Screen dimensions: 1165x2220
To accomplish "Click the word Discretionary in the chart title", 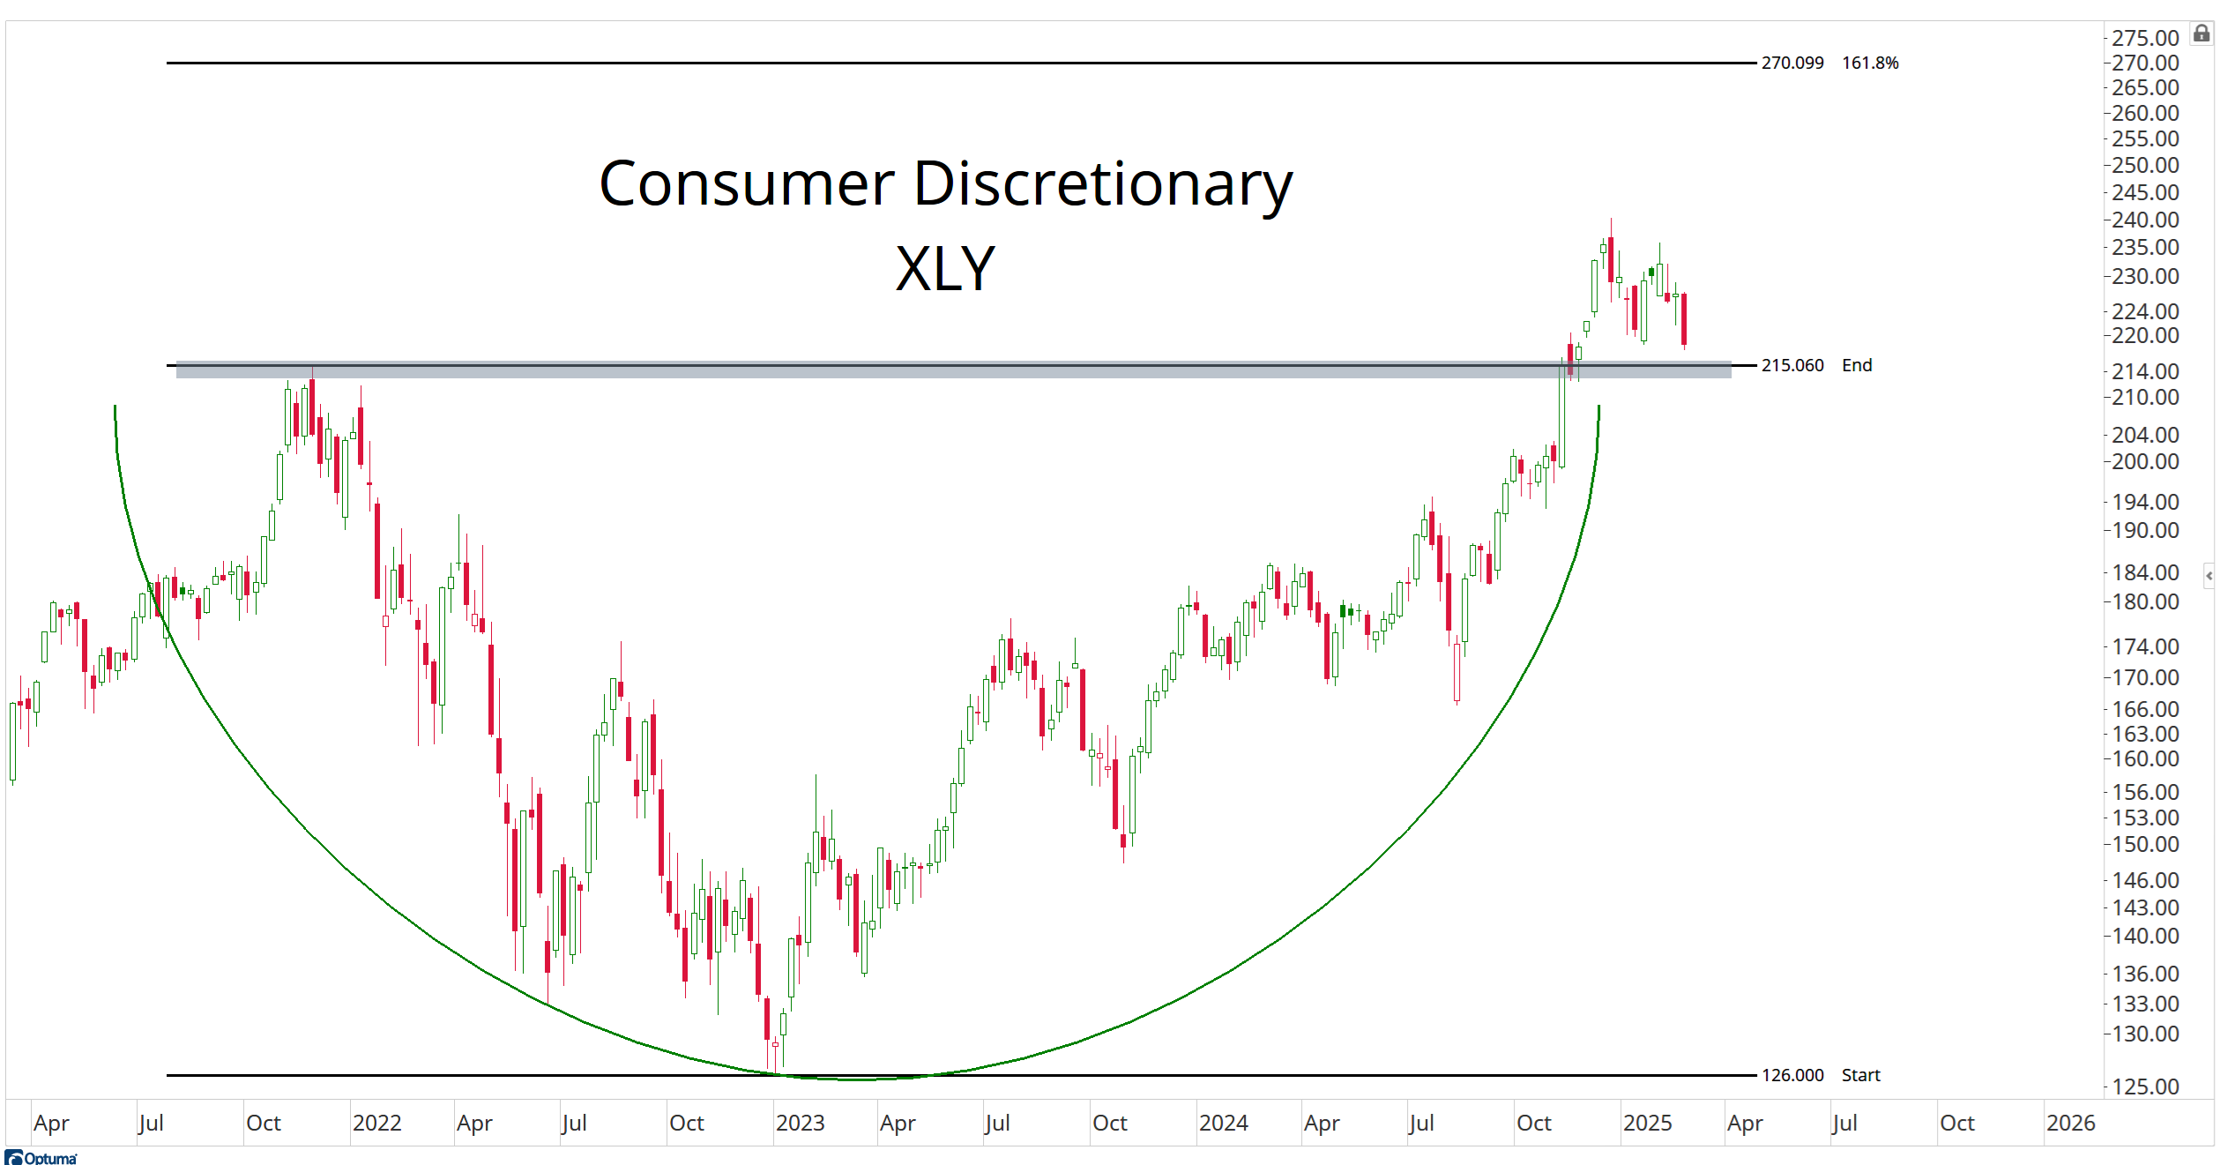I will point(1102,185).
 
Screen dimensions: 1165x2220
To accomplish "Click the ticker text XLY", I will point(945,269).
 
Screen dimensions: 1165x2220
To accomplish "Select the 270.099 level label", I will point(1792,63).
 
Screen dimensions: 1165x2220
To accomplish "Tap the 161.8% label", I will point(1869,63).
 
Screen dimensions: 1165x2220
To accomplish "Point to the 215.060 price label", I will point(1792,365).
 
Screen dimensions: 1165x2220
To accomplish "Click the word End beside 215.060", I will point(1856,365).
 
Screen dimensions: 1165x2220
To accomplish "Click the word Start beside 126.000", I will point(1860,1075).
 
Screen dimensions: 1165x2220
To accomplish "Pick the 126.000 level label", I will point(1792,1075).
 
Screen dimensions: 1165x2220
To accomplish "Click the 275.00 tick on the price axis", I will point(2144,38).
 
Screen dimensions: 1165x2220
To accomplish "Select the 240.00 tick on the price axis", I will point(2144,220).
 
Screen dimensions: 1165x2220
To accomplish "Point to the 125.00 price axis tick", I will point(2144,1087).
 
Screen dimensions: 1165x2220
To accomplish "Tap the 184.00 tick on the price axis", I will point(2144,572).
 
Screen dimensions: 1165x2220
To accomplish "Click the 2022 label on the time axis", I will point(376,1123).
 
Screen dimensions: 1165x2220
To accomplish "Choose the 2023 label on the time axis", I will point(800,1123).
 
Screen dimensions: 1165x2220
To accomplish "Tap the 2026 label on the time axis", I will point(2070,1123).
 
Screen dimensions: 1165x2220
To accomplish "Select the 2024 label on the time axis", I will point(1223,1123).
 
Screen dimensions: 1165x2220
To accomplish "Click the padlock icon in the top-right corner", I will point(2201,34).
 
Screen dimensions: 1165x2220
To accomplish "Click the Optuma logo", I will point(41,1157).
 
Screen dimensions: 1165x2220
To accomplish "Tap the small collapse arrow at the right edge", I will point(2209,576).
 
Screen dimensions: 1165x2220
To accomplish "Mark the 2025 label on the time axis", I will point(1647,1123).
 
